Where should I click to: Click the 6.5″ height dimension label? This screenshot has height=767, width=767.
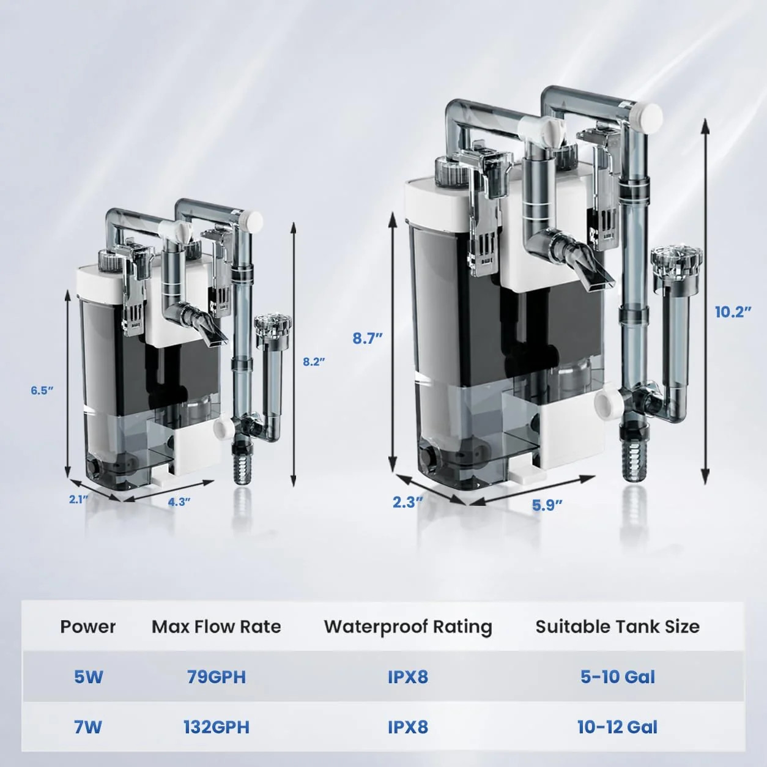(x=42, y=390)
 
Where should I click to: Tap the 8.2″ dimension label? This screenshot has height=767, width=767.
(x=314, y=362)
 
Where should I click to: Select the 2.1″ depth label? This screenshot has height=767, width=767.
(x=78, y=499)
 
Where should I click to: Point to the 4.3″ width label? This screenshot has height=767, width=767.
(x=179, y=502)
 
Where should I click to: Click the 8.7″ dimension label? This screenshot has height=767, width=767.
(x=368, y=338)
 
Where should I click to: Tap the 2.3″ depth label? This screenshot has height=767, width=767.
(x=407, y=503)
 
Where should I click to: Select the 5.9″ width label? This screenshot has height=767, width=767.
(x=547, y=505)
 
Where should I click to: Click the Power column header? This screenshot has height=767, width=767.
(x=88, y=626)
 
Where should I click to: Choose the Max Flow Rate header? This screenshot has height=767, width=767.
(x=216, y=626)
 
